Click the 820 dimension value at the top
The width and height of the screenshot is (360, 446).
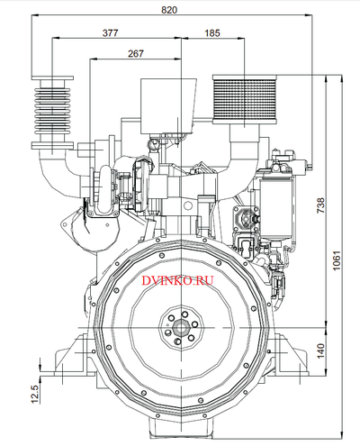click(169, 10)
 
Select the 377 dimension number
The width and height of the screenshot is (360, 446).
click(111, 32)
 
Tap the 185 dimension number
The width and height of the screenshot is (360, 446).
click(212, 32)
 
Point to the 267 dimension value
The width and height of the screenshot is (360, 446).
click(136, 53)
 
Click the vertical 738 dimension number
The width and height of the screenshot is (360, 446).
click(320, 205)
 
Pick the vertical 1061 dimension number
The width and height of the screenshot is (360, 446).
click(337, 260)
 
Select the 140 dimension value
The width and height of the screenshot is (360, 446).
click(320, 350)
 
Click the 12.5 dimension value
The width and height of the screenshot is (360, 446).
click(35, 394)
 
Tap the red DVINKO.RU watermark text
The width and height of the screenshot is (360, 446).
click(177, 280)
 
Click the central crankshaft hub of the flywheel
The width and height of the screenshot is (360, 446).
click(181, 328)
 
